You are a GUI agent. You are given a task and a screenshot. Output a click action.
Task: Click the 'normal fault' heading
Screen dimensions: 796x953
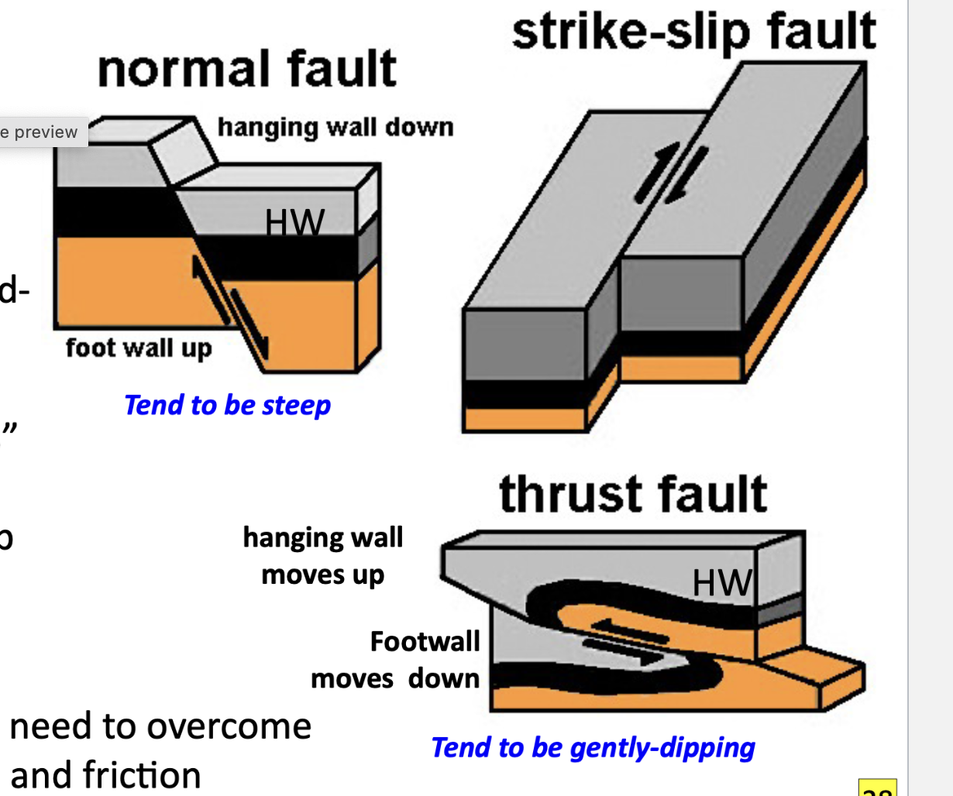click(x=247, y=69)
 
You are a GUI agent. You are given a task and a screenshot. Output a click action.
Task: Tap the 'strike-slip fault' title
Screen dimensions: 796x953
click(x=693, y=33)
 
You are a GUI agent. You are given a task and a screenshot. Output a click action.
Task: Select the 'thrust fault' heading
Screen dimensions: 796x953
click(x=633, y=494)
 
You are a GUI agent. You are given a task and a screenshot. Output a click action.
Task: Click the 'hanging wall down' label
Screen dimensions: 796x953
click(x=335, y=127)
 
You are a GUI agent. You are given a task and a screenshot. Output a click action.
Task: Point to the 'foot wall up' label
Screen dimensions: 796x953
click(x=139, y=348)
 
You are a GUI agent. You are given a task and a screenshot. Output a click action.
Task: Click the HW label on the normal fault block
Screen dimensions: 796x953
click(x=294, y=224)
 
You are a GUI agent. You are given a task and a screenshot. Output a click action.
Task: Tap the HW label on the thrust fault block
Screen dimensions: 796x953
click(x=721, y=582)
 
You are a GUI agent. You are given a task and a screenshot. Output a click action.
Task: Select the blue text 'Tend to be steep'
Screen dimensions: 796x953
click(x=227, y=405)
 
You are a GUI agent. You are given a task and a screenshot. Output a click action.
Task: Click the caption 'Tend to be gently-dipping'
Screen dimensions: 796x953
click(x=593, y=747)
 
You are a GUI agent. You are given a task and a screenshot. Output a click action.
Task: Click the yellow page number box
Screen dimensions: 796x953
click(x=878, y=788)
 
